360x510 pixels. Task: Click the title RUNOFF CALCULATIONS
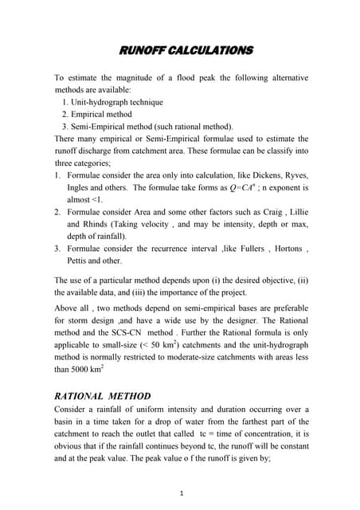pyautogui.click(x=186, y=51)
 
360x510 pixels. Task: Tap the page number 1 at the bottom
pyautogui.click(x=182, y=493)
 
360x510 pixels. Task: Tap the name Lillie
pyautogui.click(x=293, y=213)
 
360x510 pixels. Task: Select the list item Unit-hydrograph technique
pyautogui.click(x=119, y=103)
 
